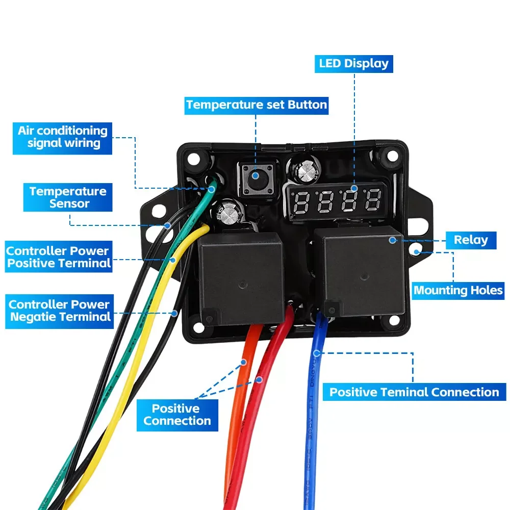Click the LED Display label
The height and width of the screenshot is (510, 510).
coord(353,64)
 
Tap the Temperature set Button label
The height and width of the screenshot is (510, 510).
coord(257,105)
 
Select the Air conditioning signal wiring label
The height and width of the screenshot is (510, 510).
coord(63,137)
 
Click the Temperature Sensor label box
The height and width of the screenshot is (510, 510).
coord(68,197)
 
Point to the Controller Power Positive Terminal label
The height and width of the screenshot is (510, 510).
coord(58,257)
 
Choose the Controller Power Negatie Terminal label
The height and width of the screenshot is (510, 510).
coord(59,311)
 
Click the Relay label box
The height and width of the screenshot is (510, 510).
coord(471,240)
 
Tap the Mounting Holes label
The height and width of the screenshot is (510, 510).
coord(458,291)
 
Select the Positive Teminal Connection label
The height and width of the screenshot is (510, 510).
coord(414,392)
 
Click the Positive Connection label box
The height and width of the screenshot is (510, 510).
coord(177,415)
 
